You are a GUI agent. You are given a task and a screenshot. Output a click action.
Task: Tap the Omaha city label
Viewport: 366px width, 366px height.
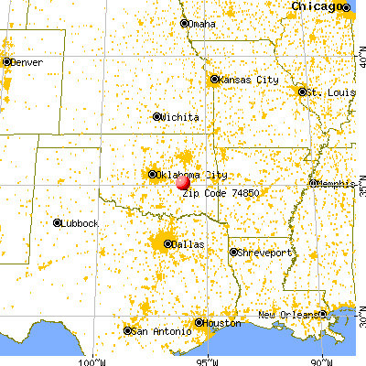(202, 24)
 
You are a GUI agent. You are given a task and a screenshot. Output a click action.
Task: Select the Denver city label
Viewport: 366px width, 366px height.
(27, 62)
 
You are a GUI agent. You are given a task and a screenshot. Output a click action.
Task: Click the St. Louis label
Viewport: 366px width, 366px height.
(326, 91)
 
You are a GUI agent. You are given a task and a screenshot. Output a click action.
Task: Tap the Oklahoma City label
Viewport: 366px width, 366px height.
(192, 175)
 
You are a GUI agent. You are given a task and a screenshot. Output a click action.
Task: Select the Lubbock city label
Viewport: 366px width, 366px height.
(79, 222)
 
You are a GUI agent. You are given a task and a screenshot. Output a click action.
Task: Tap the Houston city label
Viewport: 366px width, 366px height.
(222, 323)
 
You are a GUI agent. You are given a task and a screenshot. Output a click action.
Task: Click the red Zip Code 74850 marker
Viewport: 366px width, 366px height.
(183, 182)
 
